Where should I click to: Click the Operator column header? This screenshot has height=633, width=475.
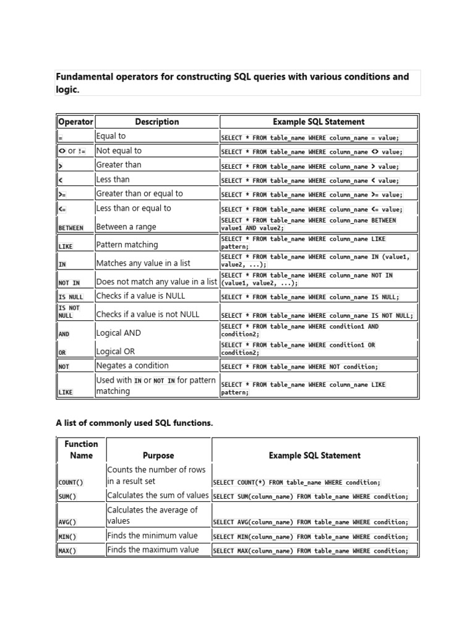tap(75, 122)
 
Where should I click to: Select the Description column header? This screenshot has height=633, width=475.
tap(157, 122)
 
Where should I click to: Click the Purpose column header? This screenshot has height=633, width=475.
tap(158, 456)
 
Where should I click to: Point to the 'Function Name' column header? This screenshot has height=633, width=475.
tap(81, 449)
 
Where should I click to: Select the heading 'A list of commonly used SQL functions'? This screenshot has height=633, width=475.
tap(134, 423)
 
